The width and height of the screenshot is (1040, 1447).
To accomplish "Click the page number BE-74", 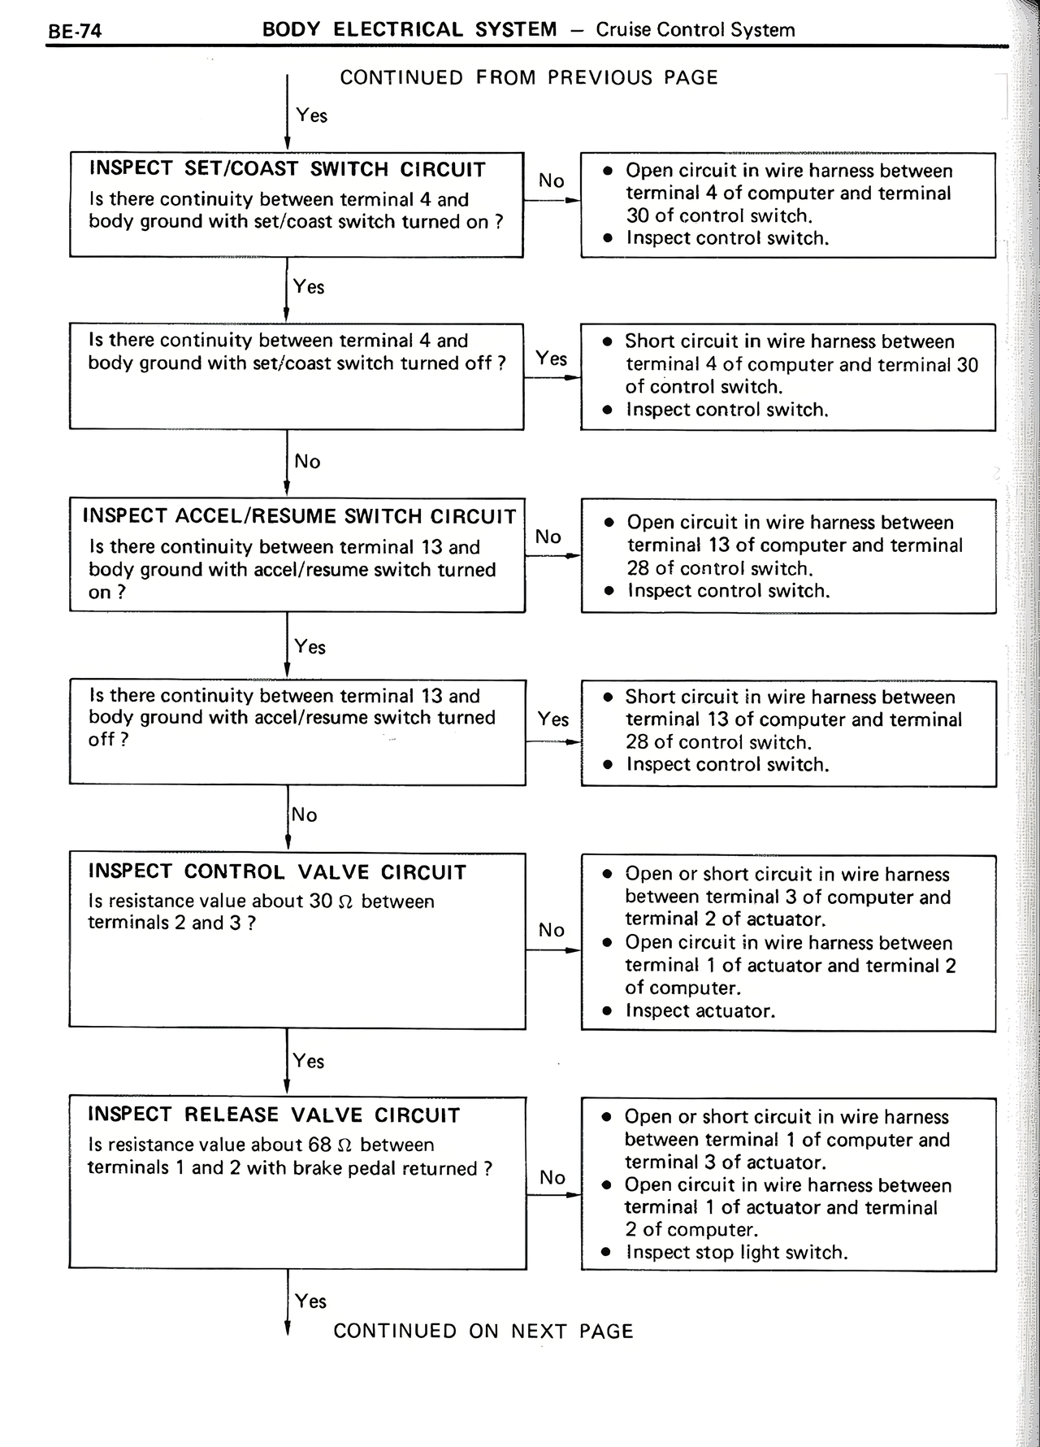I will tap(75, 33).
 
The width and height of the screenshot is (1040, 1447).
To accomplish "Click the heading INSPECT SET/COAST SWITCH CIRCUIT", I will tap(287, 170).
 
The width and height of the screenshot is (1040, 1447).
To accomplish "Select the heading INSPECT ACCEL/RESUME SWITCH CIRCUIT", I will tap(299, 517).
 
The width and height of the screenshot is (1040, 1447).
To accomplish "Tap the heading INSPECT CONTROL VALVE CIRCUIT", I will tap(277, 872).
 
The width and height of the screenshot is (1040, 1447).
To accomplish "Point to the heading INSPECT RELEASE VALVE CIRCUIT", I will tap(274, 1115).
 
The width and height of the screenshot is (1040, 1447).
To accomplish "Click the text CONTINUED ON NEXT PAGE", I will tap(483, 1332).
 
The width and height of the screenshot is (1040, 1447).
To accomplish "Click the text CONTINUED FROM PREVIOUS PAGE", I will tap(529, 78).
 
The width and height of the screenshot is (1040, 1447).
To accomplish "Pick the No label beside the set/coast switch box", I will tap(551, 181).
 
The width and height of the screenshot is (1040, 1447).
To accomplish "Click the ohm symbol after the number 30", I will tap(344, 902).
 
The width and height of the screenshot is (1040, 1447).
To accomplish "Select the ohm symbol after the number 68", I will tap(344, 1145).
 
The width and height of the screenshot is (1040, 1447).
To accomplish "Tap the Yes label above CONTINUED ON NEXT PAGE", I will tap(310, 1301).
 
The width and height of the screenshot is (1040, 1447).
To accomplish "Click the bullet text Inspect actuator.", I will tap(700, 1011).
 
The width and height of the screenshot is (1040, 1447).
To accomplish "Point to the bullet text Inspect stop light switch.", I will tap(736, 1253).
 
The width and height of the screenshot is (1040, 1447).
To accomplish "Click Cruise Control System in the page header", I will tap(695, 30).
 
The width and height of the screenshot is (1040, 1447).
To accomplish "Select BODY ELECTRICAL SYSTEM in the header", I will tap(409, 30).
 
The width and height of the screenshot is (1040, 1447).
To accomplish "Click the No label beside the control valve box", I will tap(551, 930).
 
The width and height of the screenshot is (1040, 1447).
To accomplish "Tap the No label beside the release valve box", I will tap(552, 1178).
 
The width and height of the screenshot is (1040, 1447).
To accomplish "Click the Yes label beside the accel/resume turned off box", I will tap(552, 719).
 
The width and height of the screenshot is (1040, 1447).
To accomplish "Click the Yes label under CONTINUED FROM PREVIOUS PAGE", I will tap(311, 115).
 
